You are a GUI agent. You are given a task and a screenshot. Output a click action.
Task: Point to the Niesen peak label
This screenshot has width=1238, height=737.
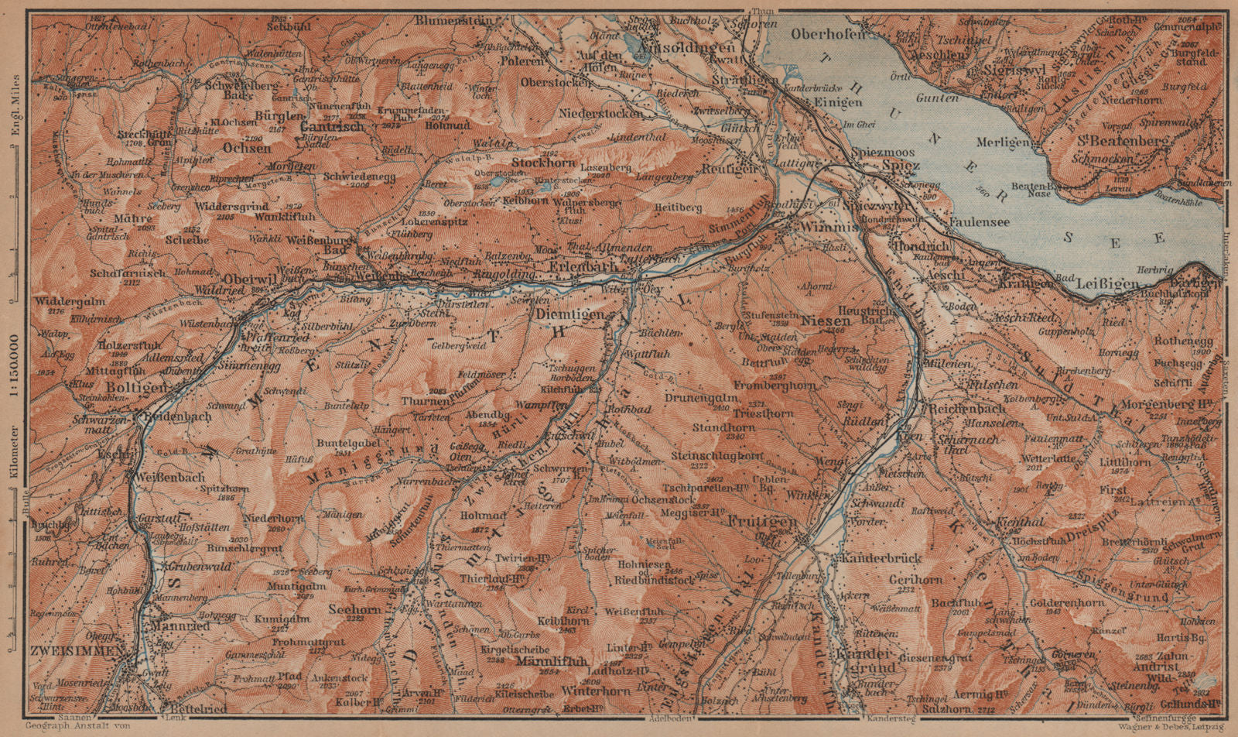(x=821, y=320)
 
